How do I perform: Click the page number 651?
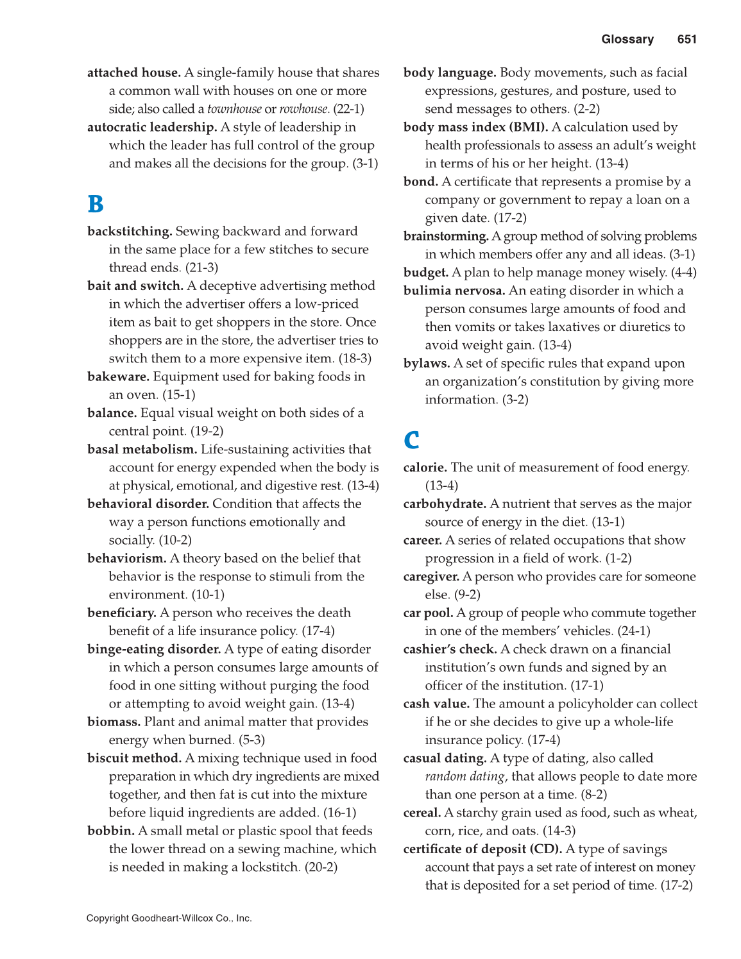686,40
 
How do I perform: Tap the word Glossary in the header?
627,40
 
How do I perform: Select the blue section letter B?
96,205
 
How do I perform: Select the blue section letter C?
411,440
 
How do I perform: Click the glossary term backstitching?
130,232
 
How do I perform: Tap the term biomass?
114,722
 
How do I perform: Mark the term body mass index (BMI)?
475,128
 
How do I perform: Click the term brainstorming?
446,237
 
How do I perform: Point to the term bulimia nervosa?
454,291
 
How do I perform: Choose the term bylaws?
427,364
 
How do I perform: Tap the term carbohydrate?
445,504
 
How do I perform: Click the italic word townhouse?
234,110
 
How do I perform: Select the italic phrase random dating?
464,777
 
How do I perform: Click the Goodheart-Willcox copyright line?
169,919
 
